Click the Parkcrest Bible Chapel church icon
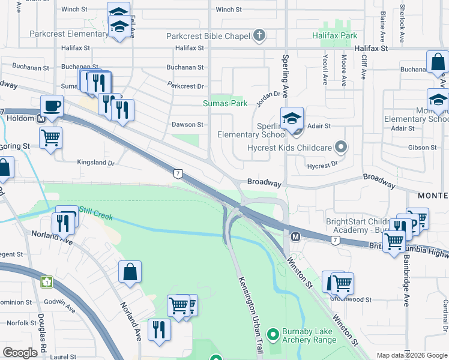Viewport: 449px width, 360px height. coord(259,36)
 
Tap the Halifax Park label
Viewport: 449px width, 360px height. coord(334,36)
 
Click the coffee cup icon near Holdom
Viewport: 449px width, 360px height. coord(52,107)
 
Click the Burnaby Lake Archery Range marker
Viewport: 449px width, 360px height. coord(273,332)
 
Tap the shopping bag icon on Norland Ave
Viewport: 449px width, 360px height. coord(130,272)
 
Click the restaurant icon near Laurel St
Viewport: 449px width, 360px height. coord(159,329)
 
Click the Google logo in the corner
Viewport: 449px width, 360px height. coord(20,353)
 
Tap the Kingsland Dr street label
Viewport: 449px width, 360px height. coord(95,163)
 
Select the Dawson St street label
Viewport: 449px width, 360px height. coord(193,125)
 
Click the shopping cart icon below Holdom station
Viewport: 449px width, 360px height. coord(51,137)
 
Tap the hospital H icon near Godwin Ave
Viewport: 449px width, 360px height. coord(47,281)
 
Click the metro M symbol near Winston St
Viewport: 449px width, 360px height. coord(295,237)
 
